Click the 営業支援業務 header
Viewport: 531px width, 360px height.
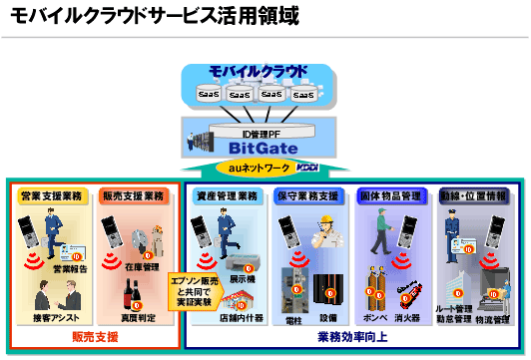point(52,195)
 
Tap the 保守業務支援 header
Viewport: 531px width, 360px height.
point(308,195)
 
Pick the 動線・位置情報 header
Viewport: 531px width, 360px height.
point(473,195)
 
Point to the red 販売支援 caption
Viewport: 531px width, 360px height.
point(96,338)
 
